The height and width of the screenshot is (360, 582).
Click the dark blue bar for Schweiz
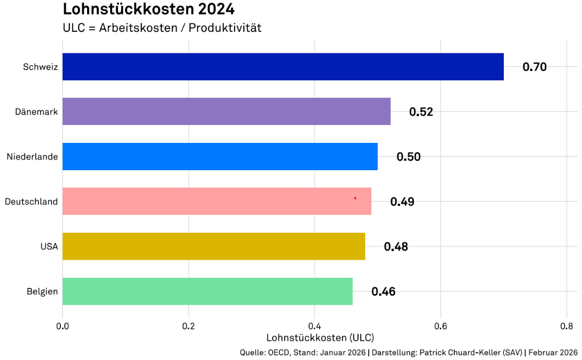point(283,67)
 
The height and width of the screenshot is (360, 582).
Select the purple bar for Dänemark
point(226,112)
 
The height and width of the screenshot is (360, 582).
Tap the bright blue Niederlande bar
point(220,157)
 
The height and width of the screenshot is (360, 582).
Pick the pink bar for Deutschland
point(217,201)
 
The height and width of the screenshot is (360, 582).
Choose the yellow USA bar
point(213,246)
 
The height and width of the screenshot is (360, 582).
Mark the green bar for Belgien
point(207,291)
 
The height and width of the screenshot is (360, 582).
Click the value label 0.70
point(535,67)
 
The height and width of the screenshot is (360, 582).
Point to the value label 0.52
point(421,112)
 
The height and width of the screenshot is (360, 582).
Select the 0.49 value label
point(402,201)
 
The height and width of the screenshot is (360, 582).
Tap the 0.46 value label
point(383,291)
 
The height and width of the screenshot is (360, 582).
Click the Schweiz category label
point(40,67)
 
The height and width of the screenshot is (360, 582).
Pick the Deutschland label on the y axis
point(31,201)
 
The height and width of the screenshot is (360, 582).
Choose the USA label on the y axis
point(49,246)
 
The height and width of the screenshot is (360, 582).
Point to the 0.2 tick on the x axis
point(188,325)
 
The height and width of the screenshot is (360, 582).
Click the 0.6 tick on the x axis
point(441,325)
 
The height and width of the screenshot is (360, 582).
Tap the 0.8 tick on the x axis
point(566,325)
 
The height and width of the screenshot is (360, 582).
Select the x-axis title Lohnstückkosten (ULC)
point(320,338)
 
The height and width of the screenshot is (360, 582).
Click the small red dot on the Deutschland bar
point(355,198)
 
